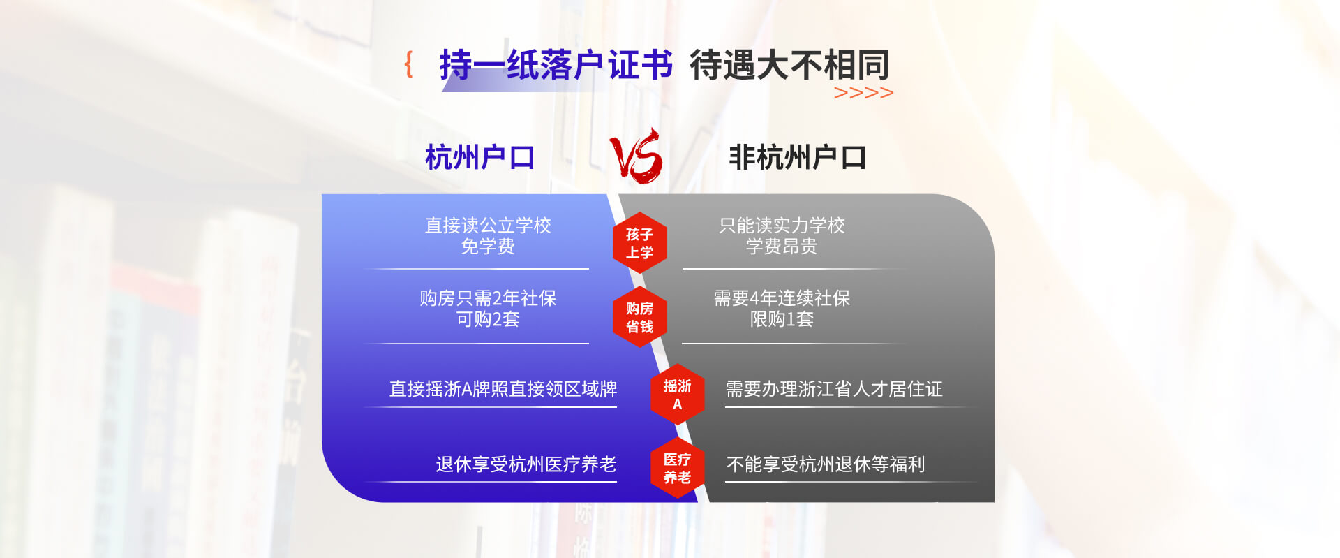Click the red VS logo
point(636,156)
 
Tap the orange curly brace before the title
point(409,64)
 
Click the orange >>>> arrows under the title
point(863,93)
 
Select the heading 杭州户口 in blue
point(480,158)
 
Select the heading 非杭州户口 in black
point(797,158)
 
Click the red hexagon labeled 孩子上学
point(639,243)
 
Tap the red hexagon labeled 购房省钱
point(639,317)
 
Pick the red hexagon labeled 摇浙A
point(677,395)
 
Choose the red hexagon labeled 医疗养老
point(677,468)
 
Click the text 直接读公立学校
point(488,225)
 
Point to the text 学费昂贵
point(782,246)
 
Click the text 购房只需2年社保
point(488,298)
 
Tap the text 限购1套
point(782,319)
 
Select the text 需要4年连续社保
point(782,298)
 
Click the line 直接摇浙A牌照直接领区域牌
point(503,388)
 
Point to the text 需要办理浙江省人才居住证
point(834,388)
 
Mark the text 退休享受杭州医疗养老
point(526,464)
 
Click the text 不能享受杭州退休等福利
point(826,464)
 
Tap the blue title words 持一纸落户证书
point(556,65)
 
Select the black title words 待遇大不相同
point(789,65)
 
